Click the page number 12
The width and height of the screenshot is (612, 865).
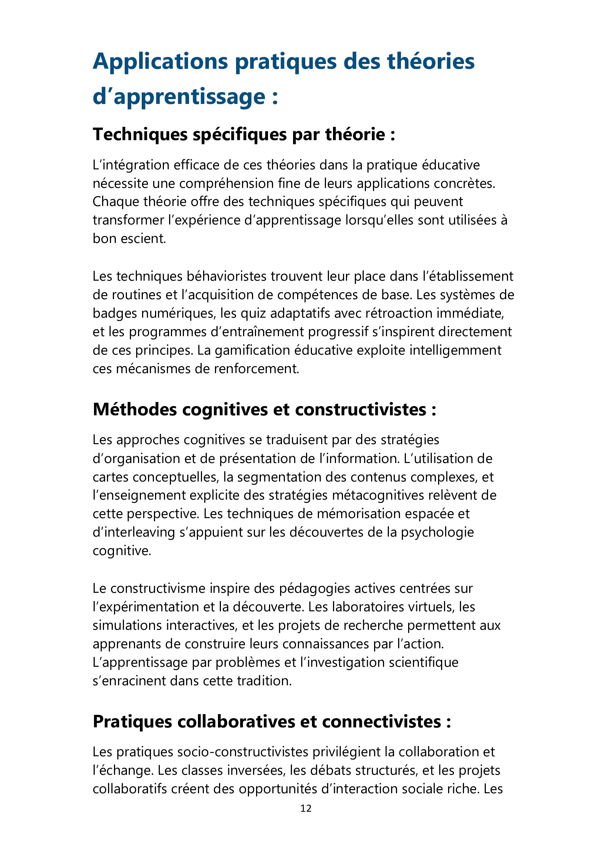click(306, 808)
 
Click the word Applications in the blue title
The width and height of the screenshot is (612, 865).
click(161, 61)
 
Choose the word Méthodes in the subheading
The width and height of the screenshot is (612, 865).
click(135, 409)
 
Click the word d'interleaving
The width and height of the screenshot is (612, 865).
click(134, 532)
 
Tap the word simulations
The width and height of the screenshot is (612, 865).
click(127, 625)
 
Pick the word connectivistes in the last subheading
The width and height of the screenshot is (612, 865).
click(381, 722)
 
